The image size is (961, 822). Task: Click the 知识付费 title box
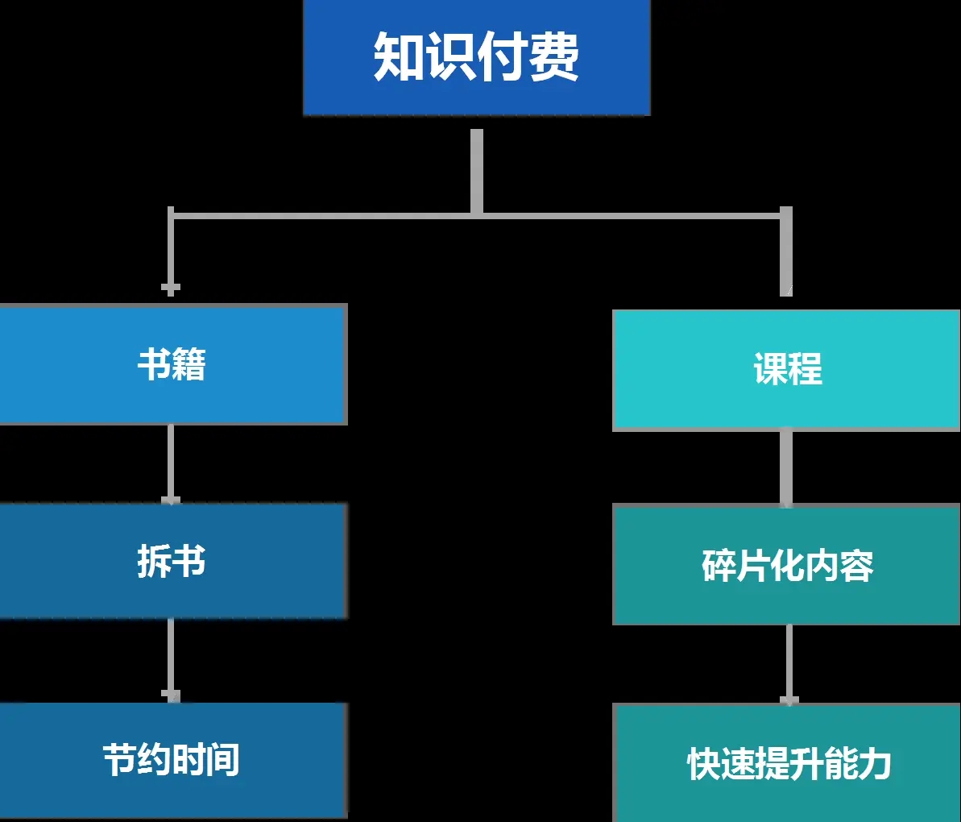coord(476,57)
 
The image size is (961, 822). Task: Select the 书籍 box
coord(172,364)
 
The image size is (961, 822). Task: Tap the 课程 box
coord(786,370)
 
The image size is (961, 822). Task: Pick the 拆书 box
coord(172,561)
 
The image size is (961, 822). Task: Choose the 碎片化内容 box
coord(786,565)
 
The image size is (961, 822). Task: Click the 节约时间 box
coord(172,760)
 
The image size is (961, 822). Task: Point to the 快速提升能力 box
coord(786,763)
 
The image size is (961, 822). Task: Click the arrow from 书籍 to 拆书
coord(170,463)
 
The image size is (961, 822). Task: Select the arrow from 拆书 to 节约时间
coord(170,659)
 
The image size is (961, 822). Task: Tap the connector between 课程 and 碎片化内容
coord(786,467)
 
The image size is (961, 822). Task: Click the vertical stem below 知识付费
coord(477,171)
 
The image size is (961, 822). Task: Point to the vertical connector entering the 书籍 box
coord(170,252)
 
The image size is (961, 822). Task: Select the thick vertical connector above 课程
coord(786,252)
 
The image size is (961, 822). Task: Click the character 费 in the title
coord(553,57)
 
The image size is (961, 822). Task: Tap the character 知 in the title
coord(399,57)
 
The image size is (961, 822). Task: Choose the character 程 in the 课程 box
coord(805,370)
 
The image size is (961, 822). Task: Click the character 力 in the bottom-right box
coord(874,763)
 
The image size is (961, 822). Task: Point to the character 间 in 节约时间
coord(223,760)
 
